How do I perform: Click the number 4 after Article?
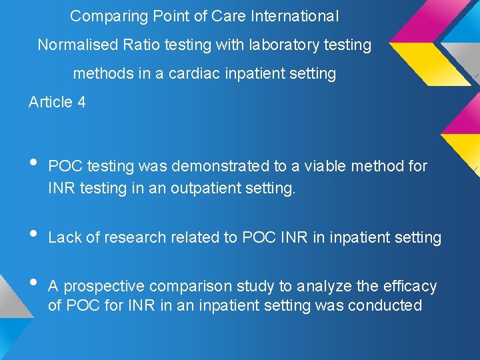click(81, 102)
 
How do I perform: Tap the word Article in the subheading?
click(51, 102)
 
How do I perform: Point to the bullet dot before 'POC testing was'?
click(35, 162)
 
